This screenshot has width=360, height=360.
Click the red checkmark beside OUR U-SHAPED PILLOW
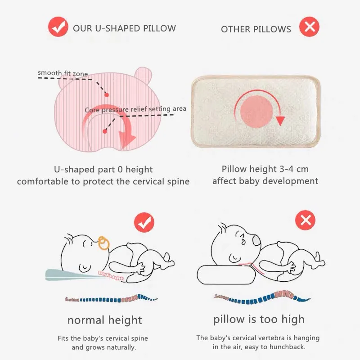pos(58,27)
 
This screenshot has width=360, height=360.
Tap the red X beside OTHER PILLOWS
pos(309,27)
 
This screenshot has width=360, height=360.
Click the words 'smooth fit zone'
pos(63,73)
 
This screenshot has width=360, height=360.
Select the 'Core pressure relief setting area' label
pos(135,109)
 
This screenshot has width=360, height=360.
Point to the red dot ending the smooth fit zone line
pos(106,94)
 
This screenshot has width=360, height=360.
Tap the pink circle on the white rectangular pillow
pos(256,112)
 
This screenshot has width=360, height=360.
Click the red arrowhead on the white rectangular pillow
pos(280,121)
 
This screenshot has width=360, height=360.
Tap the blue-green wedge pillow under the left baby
pos(73,275)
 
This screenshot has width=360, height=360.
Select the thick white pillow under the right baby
pos(226,274)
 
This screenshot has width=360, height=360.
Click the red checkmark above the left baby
pos(144,222)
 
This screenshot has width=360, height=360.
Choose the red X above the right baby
pos(306,220)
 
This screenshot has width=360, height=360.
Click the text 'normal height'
pos(105,320)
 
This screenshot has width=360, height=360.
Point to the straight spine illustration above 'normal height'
pos(111,299)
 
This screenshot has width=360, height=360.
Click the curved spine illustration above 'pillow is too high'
pos(262,297)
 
